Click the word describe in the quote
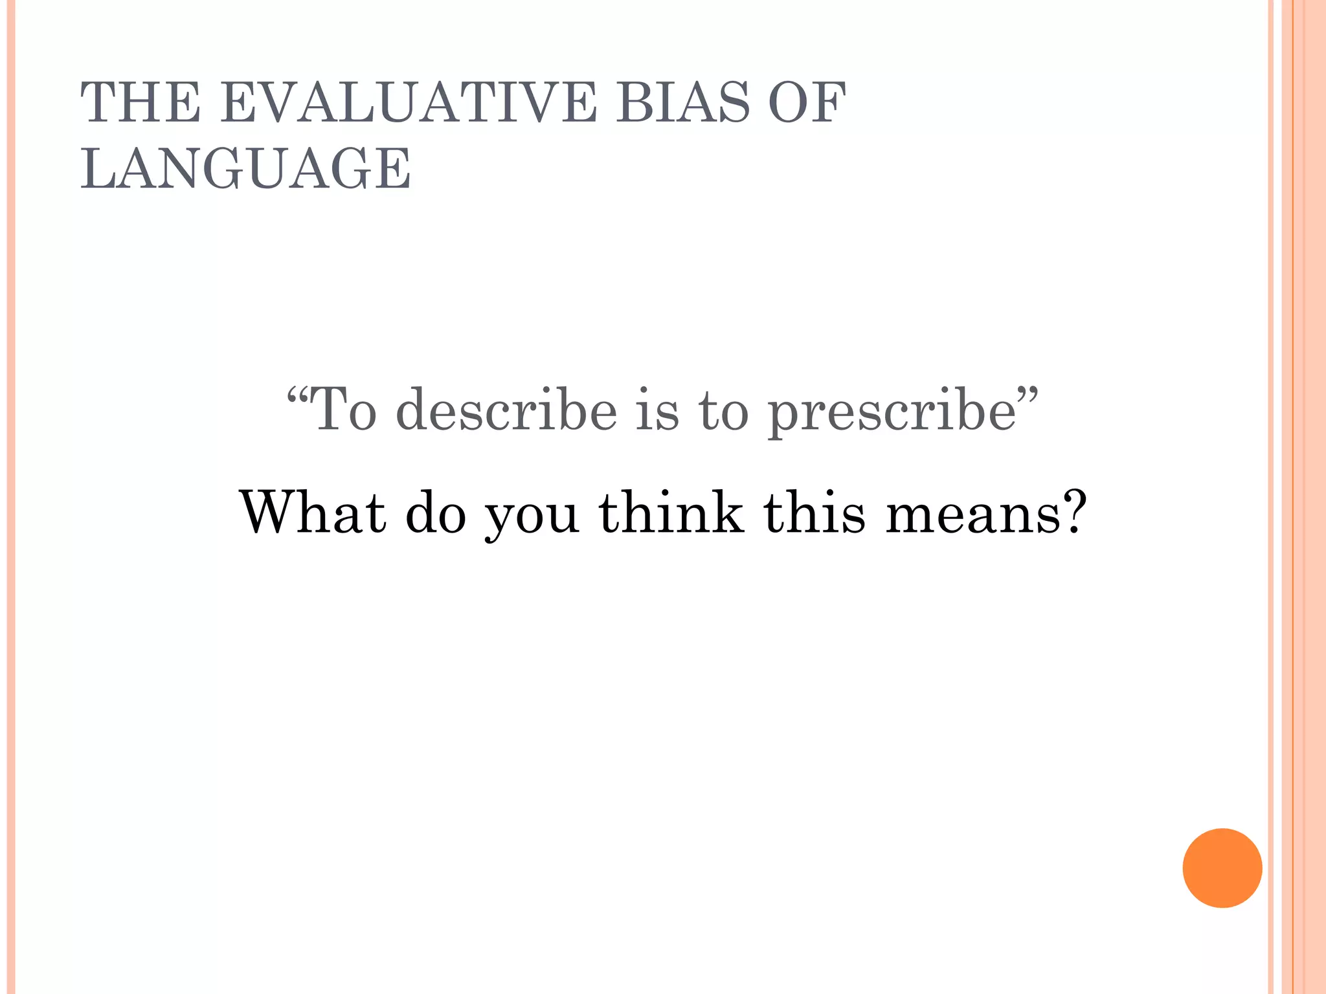506,410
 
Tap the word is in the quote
657,409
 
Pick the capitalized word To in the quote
344,409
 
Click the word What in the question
313,513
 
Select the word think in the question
671,513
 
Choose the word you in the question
532,518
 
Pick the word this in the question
814,513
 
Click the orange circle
1222,868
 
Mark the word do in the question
436,513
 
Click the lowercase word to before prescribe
723,410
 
